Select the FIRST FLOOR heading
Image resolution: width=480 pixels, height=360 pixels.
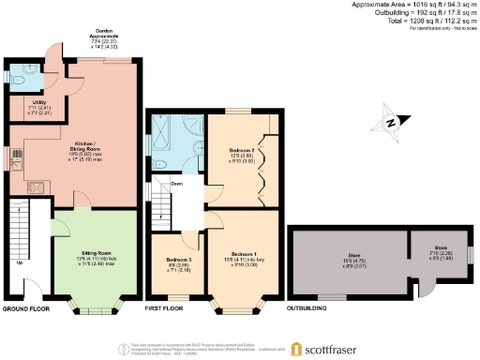[172, 308]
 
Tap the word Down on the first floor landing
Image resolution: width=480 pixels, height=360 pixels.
[176, 184]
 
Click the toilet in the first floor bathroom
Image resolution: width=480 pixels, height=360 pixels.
[162, 161]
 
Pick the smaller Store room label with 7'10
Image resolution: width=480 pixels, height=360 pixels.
[425, 254]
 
